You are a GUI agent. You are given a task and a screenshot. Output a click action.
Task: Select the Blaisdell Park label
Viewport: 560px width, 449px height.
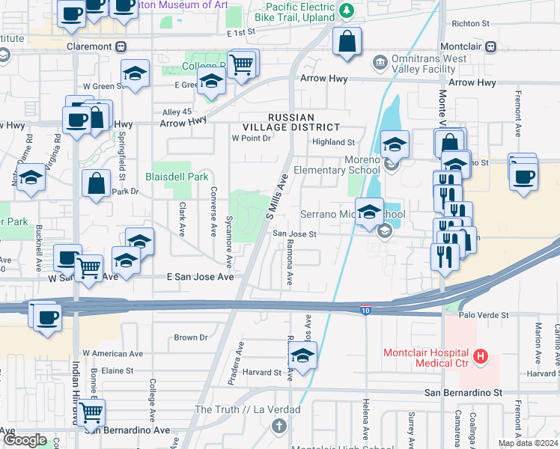[x=176, y=177]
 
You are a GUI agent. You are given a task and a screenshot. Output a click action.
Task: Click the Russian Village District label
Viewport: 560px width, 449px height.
[x=302, y=123]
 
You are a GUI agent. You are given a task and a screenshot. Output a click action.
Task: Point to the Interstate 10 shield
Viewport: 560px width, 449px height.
[x=365, y=310]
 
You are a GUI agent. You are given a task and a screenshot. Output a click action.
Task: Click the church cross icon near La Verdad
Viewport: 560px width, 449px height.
[x=279, y=427]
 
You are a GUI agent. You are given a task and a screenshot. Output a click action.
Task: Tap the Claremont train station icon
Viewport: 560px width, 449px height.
[x=121, y=46]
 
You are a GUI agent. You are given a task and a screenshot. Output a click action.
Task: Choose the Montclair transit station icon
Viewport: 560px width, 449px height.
[x=491, y=46]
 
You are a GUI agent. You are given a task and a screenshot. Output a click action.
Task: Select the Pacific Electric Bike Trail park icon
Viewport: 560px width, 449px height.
[x=346, y=10]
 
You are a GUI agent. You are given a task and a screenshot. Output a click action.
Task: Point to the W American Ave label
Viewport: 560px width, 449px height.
[x=112, y=352]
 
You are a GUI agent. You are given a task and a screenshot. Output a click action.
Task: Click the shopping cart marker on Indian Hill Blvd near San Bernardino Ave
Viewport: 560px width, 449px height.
[x=91, y=411]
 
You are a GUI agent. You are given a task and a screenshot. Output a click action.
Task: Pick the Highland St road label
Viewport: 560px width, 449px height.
[x=333, y=142]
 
